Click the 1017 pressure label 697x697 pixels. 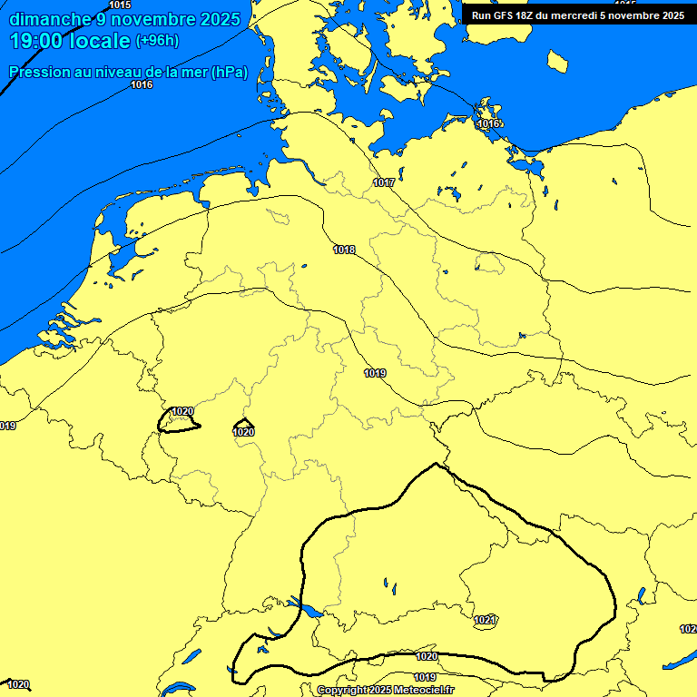(x=384, y=182)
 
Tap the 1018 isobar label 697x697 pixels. (x=344, y=250)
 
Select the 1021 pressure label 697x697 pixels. (x=485, y=620)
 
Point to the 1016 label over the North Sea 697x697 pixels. (x=142, y=84)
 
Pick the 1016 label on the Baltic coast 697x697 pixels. (x=489, y=123)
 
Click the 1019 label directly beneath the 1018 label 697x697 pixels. (x=375, y=373)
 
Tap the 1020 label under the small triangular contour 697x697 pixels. (x=243, y=433)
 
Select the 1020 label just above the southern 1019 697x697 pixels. (x=427, y=656)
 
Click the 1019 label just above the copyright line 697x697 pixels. (x=425, y=677)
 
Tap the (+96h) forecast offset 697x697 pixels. (x=158, y=42)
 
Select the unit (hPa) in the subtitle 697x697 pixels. (x=229, y=73)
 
